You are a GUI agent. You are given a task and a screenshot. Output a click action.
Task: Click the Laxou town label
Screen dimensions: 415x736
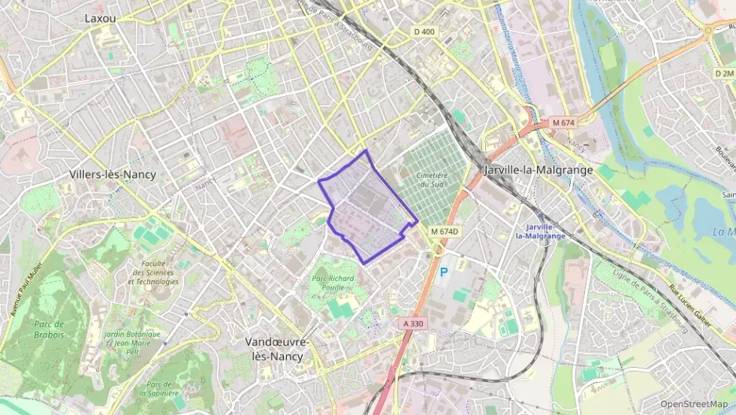coord(101,17)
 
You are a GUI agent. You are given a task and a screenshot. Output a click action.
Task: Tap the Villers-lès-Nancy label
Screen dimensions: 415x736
coord(112,174)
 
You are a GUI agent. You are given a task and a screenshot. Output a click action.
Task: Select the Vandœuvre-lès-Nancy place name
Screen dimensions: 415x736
coord(278,349)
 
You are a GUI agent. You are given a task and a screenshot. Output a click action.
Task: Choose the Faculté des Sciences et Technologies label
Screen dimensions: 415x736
coord(153,272)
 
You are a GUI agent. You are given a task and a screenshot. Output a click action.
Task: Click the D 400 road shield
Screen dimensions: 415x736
coord(423,31)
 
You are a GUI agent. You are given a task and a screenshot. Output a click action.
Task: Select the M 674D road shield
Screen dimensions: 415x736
coord(444,231)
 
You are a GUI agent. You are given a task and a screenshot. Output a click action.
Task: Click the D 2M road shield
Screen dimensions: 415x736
coord(723,72)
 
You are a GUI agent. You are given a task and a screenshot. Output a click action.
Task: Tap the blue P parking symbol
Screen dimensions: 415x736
coord(443,272)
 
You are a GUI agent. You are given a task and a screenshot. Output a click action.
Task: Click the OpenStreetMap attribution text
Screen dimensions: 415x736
coord(694,404)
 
